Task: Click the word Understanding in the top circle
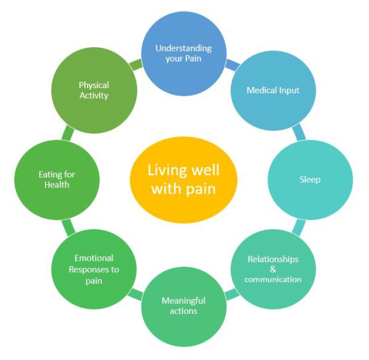click(x=183, y=49)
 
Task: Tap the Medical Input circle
click(x=273, y=90)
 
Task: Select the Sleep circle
click(x=310, y=180)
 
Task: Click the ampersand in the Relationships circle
click(x=273, y=269)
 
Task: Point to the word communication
click(x=273, y=279)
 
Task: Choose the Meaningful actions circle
click(x=184, y=306)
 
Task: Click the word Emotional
click(x=94, y=258)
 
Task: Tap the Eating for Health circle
click(x=57, y=180)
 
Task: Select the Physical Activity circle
click(x=94, y=90)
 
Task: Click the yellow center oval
click(x=183, y=180)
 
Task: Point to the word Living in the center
click(x=167, y=170)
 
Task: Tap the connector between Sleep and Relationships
click(x=299, y=228)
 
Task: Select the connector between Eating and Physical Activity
click(x=68, y=133)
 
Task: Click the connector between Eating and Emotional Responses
click(x=68, y=228)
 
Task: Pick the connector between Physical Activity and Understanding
click(x=136, y=65)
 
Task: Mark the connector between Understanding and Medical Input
click(x=232, y=65)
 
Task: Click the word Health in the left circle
click(x=57, y=185)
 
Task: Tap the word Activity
click(x=94, y=96)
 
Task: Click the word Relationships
click(x=273, y=259)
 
